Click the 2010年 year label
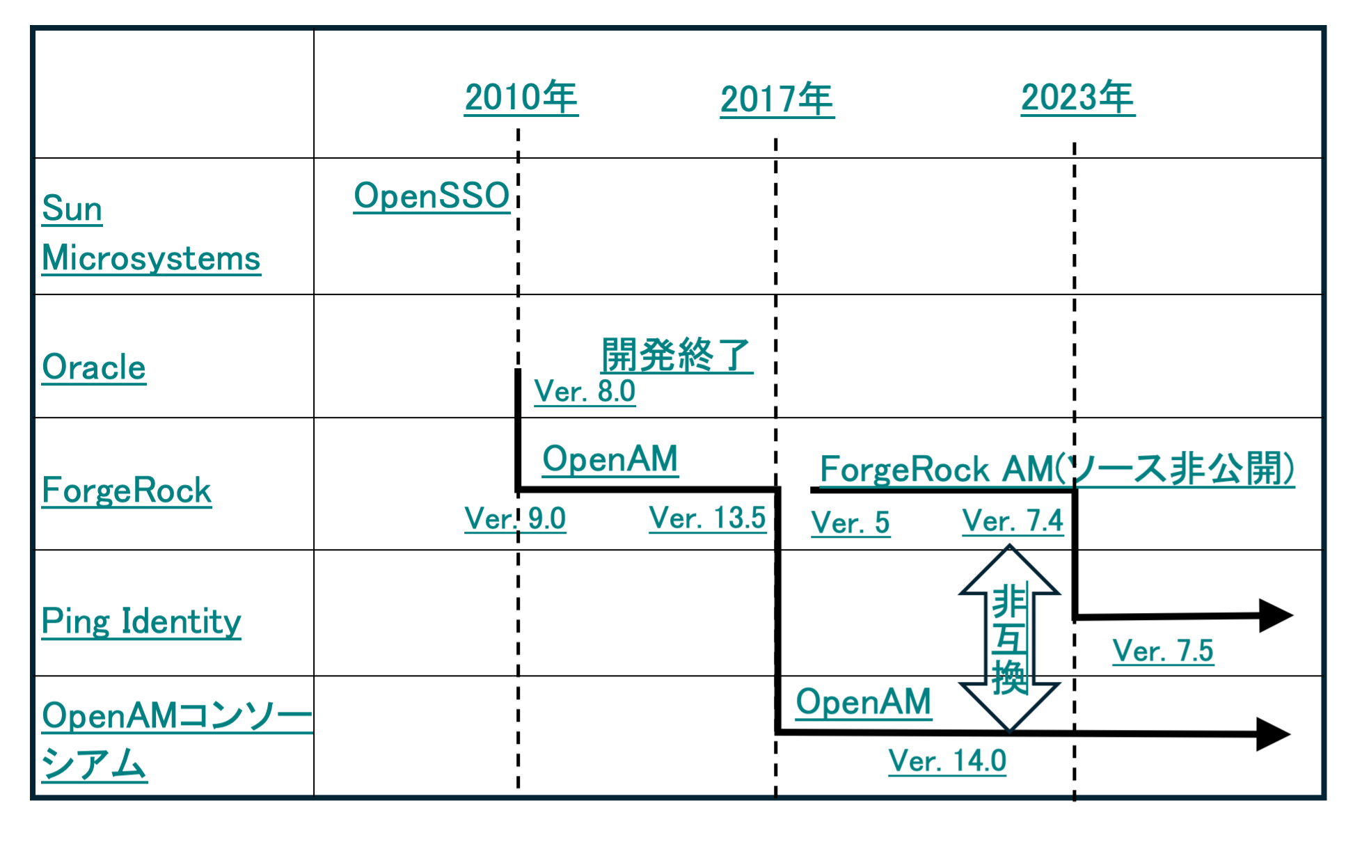[x=521, y=97]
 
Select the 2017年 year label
[x=777, y=100]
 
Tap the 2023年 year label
[x=1078, y=97]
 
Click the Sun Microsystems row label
[x=151, y=233]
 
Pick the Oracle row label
[x=94, y=367]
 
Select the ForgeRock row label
[x=127, y=491]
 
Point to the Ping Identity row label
[x=141, y=621]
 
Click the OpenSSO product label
[x=431, y=196]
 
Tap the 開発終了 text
[x=676, y=355]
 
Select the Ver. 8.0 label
[x=585, y=391]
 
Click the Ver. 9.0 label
[x=515, y=518]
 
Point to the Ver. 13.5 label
[x=707, y=518]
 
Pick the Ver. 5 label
[x=850, y=523]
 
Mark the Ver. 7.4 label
[x=1013, y=521]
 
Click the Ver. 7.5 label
[x=1163, y=651]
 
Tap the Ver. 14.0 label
[x=947, y=761]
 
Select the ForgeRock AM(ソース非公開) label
[x=1057, y=468]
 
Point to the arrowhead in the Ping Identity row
[x=1276, y=616]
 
